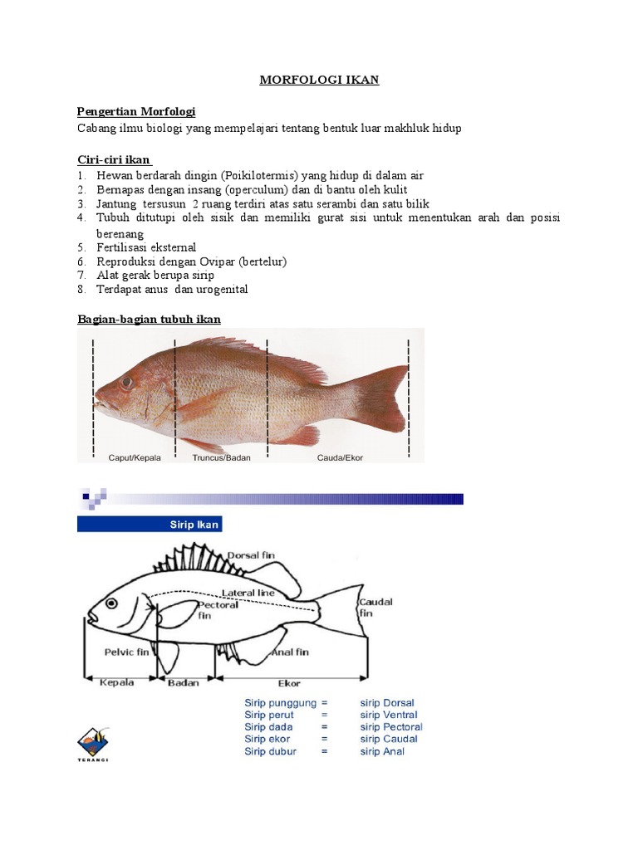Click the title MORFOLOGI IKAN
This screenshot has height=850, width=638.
coord(319,80)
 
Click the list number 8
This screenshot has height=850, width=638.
coord(81,290)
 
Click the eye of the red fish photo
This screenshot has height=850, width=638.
coord(126,383)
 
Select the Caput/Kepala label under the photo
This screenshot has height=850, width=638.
coord(135,457)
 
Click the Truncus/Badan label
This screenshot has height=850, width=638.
coord(220,457)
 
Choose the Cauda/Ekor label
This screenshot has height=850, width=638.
coord(340,457)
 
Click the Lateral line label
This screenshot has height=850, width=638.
coord(249,593)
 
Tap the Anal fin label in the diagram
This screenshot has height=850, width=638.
coord(291,652)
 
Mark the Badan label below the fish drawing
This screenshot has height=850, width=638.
coord(183,683)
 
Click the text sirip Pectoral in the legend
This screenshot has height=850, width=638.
coord(390,727)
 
